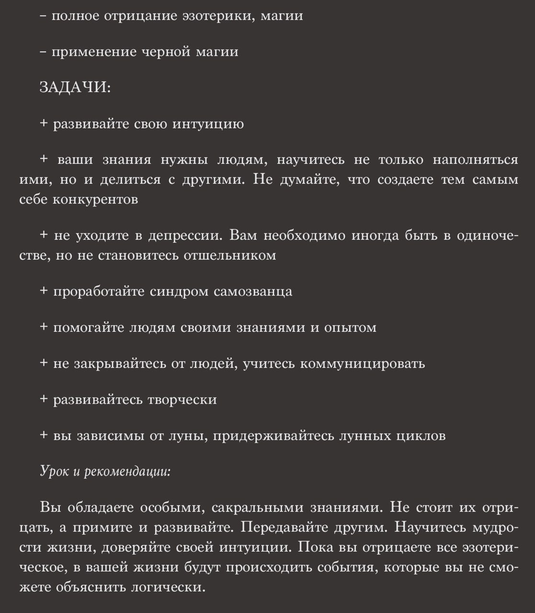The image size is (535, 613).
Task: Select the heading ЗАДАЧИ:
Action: click(x=75, y=88)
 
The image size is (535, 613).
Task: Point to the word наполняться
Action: click(x=475, y=160)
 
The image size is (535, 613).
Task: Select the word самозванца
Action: click(x=253, y=292)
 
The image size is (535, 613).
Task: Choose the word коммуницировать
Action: click(x=362, y=363)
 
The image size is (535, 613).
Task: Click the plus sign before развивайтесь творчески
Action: click(x=44, y=399)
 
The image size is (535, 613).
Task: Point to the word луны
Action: click(x=188, y=436)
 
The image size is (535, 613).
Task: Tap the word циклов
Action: click(x=421, y=436)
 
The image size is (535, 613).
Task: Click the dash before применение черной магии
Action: click(x=44, y=52)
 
